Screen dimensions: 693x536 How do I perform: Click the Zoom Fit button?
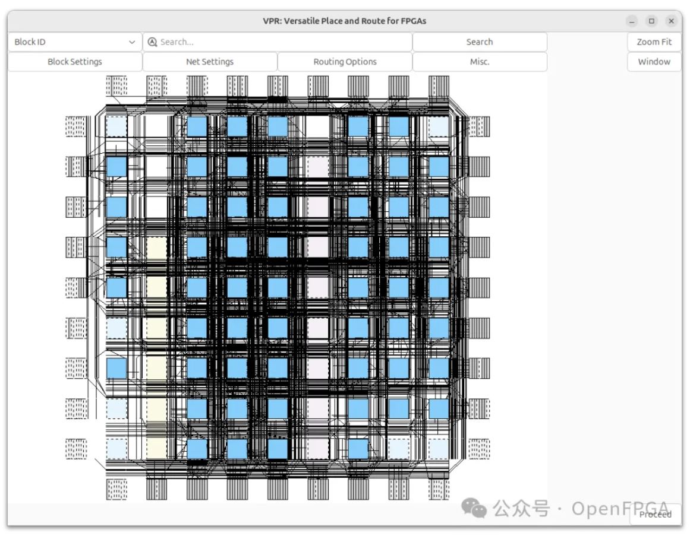point(654,42)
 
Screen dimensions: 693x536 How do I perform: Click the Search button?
point(480,42)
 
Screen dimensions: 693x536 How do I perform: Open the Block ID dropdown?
point(75,42)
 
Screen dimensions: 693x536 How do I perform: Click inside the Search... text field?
point(283,42)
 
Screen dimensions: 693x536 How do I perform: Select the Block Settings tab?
point(75,62)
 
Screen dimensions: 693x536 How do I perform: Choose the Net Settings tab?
point(210,62)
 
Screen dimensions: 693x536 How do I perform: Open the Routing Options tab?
point(345,62)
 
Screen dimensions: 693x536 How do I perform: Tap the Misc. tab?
point(480,62)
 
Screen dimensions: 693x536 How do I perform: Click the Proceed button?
point(656,515)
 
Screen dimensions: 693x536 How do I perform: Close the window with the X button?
point(672,21)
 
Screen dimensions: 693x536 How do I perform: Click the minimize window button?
point(632,21)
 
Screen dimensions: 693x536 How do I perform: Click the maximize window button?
point(651,21)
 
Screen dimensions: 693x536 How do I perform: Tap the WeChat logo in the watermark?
point(474,508)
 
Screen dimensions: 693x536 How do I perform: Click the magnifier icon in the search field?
point(153,42)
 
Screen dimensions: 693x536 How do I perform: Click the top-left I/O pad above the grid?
point(116,85)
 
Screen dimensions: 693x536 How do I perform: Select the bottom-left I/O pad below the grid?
point(116,489)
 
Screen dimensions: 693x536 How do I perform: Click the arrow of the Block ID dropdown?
point(132,42)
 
